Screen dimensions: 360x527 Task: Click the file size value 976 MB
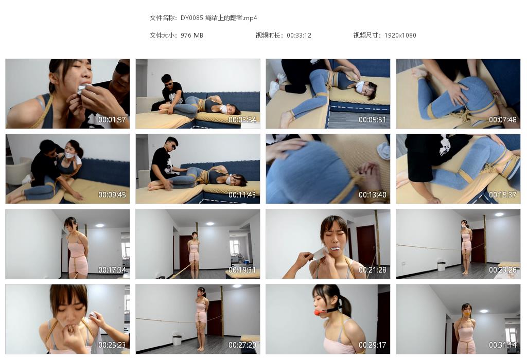pos(192,35)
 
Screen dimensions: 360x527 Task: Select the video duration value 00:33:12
pos(299,35)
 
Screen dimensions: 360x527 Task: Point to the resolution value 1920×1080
pos(400,35)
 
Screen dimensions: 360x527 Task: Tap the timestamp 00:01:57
pos(112,120)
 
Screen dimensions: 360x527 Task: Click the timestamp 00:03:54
pos(242,120)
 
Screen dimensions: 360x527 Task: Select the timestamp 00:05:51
pos(373,120)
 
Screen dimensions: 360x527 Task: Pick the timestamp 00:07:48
pos(503,120)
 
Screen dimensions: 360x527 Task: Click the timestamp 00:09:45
pos(112,195)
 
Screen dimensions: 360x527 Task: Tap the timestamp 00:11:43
pos(242,195)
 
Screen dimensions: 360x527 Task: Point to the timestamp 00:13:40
pos(373,195)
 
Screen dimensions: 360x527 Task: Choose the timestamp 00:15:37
pos(503,195)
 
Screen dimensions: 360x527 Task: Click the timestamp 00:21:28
pos(373,270)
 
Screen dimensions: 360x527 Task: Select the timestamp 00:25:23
pos(112,345)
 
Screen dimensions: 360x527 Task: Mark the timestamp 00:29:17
pos(373,345)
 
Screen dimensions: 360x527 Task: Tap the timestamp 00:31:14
pos(503,345)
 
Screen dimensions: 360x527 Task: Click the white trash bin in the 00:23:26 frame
pos(441,265)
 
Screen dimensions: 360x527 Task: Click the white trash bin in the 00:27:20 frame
pos(177,339)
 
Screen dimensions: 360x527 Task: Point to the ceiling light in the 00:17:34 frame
pos(99,225)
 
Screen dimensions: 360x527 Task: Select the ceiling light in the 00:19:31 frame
pos(209,224)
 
